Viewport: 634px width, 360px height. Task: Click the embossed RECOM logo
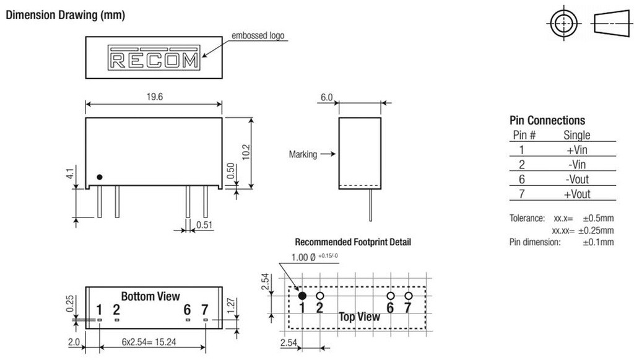[154, 58]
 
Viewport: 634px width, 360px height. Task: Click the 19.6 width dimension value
[154, 97]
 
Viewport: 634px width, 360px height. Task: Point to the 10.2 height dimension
[245, 151]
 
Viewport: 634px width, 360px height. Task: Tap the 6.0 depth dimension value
[326, 97]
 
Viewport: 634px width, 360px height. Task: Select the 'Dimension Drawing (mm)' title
[65, 15]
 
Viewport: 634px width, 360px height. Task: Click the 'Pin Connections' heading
[547, 120]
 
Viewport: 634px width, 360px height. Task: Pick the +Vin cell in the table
[576, 149]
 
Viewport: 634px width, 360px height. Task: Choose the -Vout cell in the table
[576, 179]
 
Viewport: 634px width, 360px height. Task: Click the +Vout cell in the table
[576, 194]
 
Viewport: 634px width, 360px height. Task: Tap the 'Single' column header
[576, 134]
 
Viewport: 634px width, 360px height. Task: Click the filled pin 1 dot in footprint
[302, 296]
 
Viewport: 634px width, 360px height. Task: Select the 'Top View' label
[359, 317]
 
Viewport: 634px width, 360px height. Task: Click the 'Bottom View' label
[150, 296]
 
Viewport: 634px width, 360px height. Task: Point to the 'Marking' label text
[303, 154]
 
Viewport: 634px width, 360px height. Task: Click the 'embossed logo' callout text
[258, 35]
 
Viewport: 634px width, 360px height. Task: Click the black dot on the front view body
[99, 177]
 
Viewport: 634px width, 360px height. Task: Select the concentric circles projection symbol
[563, 24]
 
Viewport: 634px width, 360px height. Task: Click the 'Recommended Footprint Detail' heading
[353, 242]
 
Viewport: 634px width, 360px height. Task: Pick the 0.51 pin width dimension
[204, 224]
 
